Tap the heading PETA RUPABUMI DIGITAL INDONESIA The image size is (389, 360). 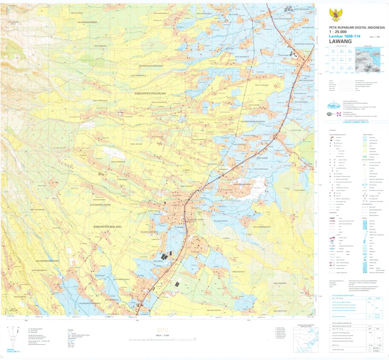tap(357, 27)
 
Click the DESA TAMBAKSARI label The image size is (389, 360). tap(100, 101)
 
